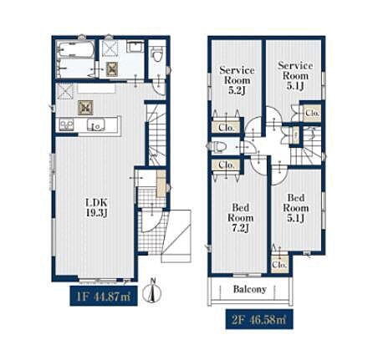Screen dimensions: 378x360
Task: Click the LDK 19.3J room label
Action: pyautogui.click(x=96, y=208)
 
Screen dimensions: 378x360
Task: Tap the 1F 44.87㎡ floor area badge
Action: pyautogui.click(x=104, y=296)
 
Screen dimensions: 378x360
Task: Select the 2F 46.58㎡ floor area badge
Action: pyautogui.click(x=259, y=319)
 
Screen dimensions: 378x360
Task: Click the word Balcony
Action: pyautogui.click(x=250, y=289)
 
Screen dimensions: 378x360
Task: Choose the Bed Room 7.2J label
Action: pyautogui.click(x=241, y=218)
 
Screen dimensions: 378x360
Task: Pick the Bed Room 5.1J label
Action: pyautogui.click(x=296, y=208)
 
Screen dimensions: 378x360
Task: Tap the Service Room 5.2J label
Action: pyautogui.click(x=237, y=80)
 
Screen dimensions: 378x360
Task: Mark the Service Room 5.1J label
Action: pyautogui.click(x=295, y=76)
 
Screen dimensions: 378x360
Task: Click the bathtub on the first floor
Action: pyautogui.click(x=75, y=49)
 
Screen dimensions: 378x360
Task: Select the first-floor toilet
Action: pyautogui.click(x=157, y=54)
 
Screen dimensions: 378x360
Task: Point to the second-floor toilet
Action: pyautogui.click(x=220, y=146)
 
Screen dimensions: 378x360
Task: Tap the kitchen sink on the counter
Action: pyautogui.click(x=96, y=124)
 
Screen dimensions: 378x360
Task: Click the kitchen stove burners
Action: pyautogui.click(x=66, y=124)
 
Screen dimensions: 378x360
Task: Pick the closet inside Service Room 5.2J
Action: pyautogui.click(x=226, y=128)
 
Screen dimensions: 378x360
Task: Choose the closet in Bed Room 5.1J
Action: pyautogui.click(x=279, y=264)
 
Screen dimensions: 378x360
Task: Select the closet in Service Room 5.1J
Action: pyautogui.click(x=312, y=114)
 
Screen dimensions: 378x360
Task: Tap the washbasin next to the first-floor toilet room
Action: pyautogui.click(x=135, y=46)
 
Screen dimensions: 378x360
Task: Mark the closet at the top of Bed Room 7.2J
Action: pyautogui.click(x=226, y=165)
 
